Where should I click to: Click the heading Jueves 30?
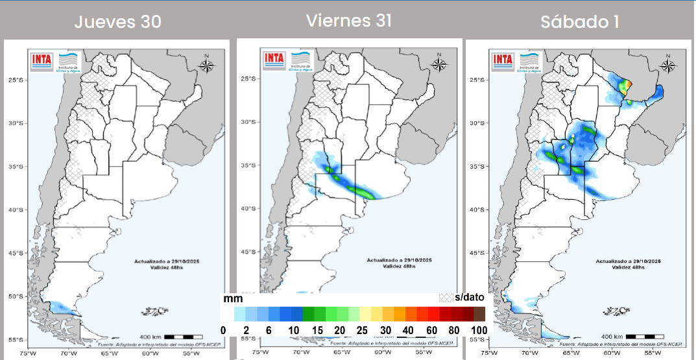tap(117, 21)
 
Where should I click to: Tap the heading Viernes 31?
tap(349, 20)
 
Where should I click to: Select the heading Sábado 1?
tap(579, 21)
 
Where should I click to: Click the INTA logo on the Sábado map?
tap(503, 60)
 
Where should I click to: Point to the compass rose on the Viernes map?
tap(439, 64)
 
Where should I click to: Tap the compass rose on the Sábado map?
tap(667, 66)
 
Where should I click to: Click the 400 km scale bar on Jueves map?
tap(179, 337)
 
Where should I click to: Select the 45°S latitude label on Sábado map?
tap(477, 253)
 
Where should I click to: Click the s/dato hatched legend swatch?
tap(447, 297)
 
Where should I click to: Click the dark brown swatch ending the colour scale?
tap(479, 314)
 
